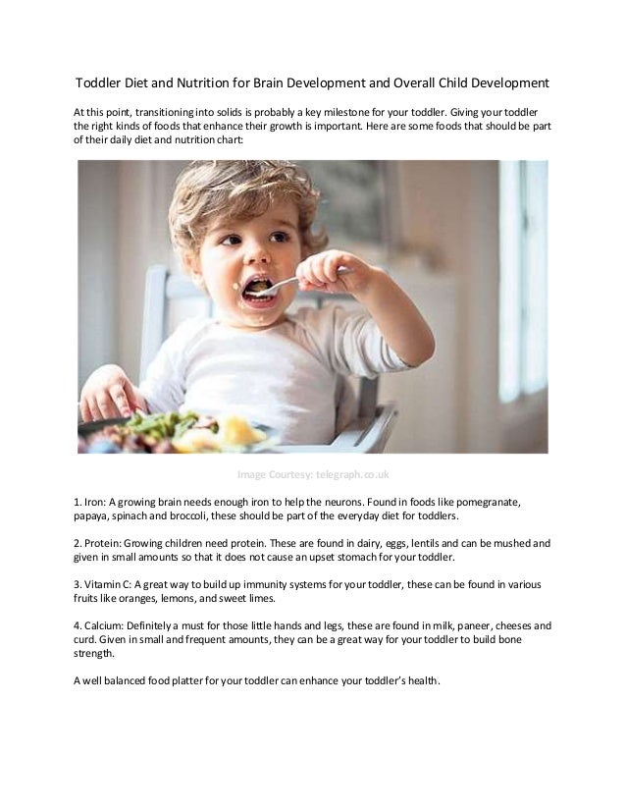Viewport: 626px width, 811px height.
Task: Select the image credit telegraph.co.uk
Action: (350, 475)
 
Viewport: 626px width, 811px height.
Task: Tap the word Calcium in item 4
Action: (109, 625)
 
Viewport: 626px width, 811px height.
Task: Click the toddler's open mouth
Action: (257, 288)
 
